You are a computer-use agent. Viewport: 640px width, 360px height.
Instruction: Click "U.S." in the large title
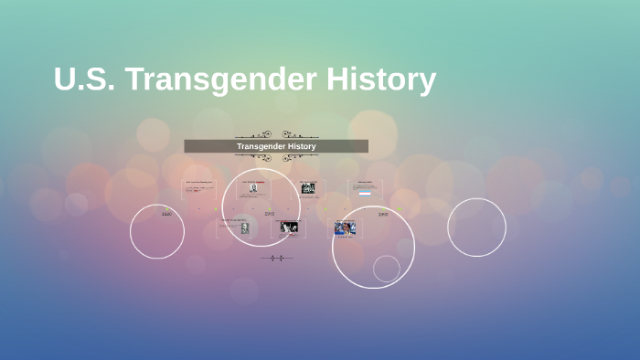[84, 80]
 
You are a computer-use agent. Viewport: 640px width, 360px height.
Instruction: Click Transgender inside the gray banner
[258, 146]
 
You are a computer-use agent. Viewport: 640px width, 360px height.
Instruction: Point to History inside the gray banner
[299, 146]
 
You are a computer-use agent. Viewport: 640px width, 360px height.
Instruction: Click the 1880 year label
[166, 214]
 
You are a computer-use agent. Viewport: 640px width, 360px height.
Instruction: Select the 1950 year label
[270, 214]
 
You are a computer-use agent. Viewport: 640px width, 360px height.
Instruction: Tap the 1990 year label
[383, 214]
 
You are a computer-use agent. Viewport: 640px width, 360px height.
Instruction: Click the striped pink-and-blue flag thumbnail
[365, 194]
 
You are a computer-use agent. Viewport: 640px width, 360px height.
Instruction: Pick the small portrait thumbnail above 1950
[253, 188]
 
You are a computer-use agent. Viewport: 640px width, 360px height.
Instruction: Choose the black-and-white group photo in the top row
[308, 188]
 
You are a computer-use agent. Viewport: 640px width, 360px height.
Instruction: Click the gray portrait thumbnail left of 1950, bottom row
[244, 228]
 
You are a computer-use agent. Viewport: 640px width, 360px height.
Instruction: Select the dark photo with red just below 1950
[290, 228]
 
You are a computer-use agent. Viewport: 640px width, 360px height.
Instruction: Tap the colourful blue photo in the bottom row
[344, 228]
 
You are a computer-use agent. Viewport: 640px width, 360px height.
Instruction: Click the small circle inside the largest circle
[387, 269]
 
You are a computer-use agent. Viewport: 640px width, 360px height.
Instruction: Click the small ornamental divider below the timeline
[276, 259]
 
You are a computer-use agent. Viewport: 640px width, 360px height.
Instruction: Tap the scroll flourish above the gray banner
[276, 134]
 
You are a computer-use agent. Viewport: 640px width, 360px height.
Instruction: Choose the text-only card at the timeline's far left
[199, 187]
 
